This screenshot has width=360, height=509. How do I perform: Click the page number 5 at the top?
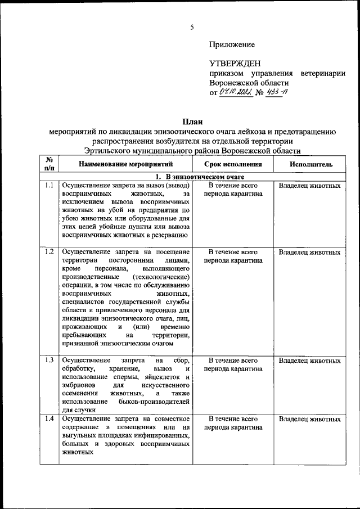[x=191, y=27]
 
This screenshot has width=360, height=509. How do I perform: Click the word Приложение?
[x=232, y=44]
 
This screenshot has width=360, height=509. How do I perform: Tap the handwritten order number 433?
[x=276, y=93]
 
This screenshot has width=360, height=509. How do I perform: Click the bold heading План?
[x=191, y=121]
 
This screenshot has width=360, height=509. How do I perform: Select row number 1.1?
[x=49, y=185]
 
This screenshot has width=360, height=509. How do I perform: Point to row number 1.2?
[x=49, y=252]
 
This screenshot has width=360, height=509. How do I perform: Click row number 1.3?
[x=49, y=360]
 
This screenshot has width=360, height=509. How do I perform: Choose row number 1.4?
[x=49, y=418]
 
